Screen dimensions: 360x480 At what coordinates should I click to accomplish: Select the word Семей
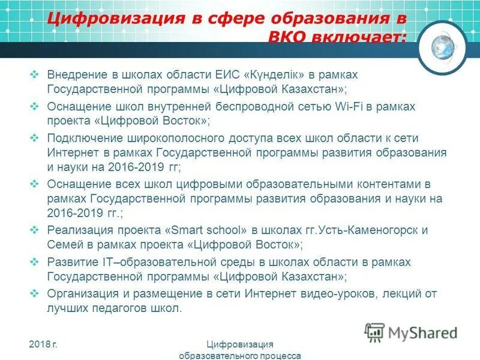64,245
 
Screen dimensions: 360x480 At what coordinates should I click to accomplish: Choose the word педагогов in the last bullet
115,308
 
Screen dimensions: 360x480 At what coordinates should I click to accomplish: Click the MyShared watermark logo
412,332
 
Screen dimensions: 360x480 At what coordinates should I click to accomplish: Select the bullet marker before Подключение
34,138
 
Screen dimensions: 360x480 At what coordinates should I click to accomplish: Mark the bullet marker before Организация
34,294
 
